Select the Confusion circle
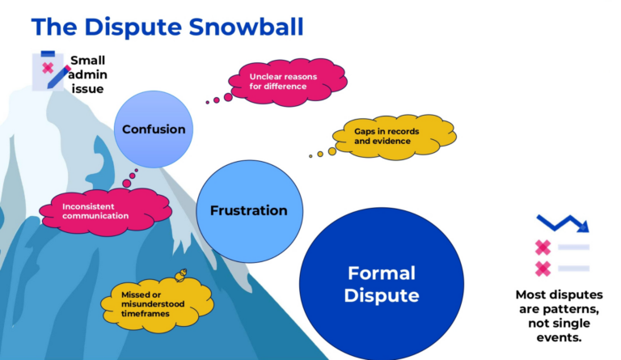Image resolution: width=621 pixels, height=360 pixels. [x=154, y=129]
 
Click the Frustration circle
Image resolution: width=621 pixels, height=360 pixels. [x=248, y=210]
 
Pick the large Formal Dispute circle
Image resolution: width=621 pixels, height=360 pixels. [x=382, y=283]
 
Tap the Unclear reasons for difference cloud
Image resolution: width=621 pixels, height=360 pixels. [x=289, y=82]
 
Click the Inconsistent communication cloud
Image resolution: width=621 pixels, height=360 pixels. [x=95, y=210]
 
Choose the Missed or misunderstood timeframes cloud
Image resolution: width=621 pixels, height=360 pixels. [x=156, y=299]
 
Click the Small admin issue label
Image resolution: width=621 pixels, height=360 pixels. [x=87, y=74]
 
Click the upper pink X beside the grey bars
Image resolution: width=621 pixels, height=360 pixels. [x=543, y=248]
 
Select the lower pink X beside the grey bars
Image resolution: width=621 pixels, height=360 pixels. [x=543, y=269]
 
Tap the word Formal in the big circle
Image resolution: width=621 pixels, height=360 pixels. [x=382, y=273]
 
